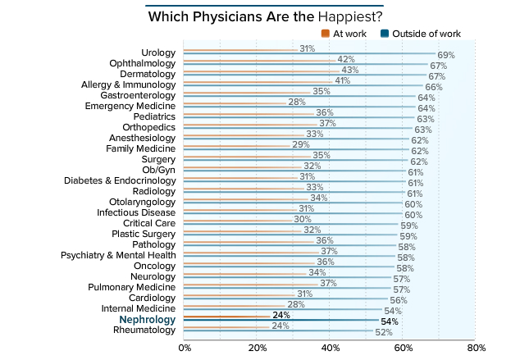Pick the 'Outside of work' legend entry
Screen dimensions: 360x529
(x=420, y=34)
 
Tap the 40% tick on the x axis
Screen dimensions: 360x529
(x=331, y=347)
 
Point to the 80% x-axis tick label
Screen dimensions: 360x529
(x=476, y=347)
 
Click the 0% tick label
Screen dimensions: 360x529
(x=185, y=347)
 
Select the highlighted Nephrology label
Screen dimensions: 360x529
(x=148, y=320)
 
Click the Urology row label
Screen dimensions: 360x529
(x=158, y=52)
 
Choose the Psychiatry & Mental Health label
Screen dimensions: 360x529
(x=118, y=255)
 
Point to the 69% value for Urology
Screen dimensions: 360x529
(x=446, y=55)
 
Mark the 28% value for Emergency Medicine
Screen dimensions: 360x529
(x=297, y=103)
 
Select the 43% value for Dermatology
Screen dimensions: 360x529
(x=350, y=71)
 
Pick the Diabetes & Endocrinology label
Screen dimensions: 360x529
(x=120, y=180)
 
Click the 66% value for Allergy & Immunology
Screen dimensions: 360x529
(x=433, y=87)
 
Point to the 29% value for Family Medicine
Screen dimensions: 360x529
(x=300, y=145)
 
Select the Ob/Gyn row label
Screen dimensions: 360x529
(x=159, y=170)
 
